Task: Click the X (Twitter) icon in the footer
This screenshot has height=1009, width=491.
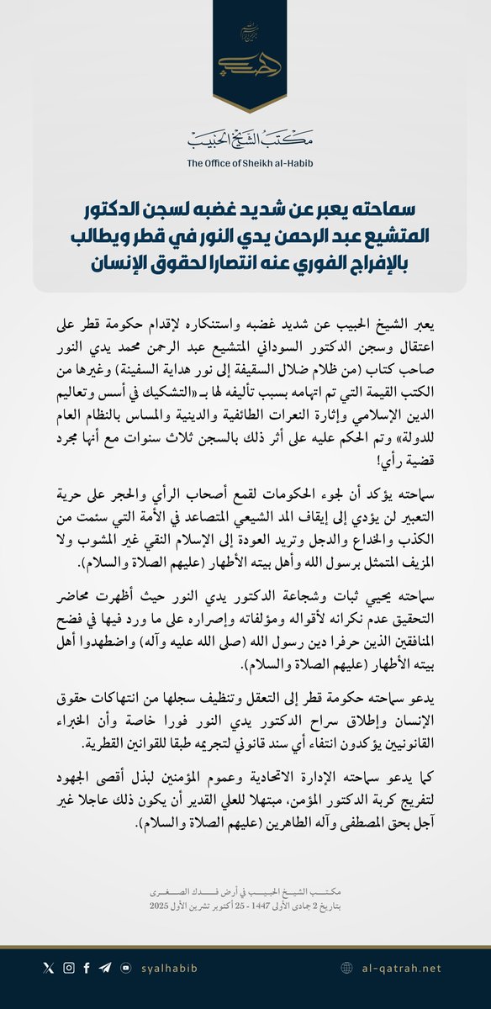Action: click(x=47, y=969)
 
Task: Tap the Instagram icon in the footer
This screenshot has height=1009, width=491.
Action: click(x=68, y=969)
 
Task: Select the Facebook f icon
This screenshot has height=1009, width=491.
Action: click(x=87, y=969)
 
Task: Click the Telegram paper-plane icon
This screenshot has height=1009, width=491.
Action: click(x=105, y=969)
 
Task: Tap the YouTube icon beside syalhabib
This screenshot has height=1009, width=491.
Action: click(x=125, y=969)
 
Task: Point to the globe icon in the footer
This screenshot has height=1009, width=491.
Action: click(x=346, y=969)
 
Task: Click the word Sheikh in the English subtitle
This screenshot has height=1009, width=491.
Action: click(x=267, y=164)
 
